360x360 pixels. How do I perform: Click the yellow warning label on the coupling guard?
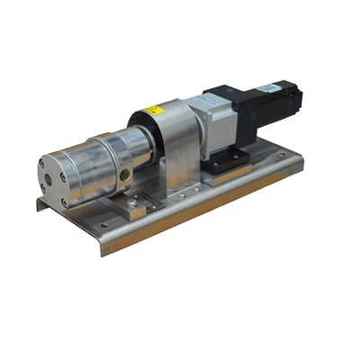click(x=155, y=112)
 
